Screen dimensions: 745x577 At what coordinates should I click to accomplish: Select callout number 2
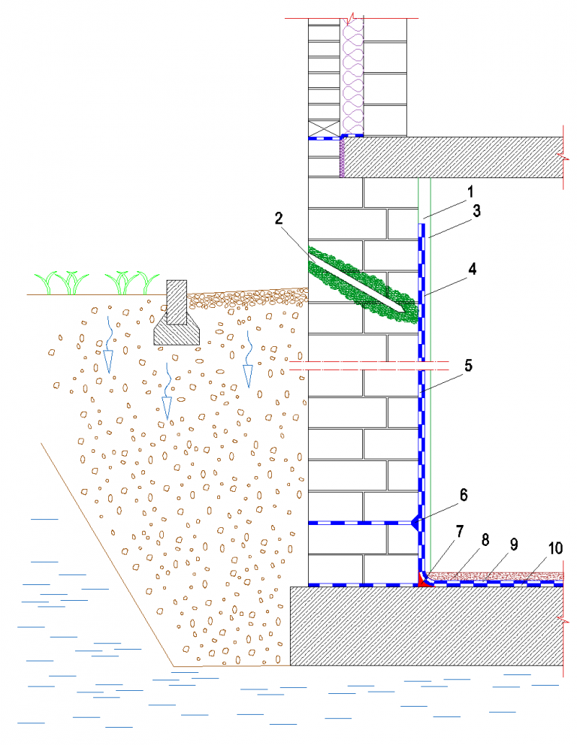pos(279,219)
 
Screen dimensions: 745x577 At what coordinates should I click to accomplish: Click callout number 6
pos(464,494)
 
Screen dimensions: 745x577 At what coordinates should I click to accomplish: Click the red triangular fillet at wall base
pos(422,580)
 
